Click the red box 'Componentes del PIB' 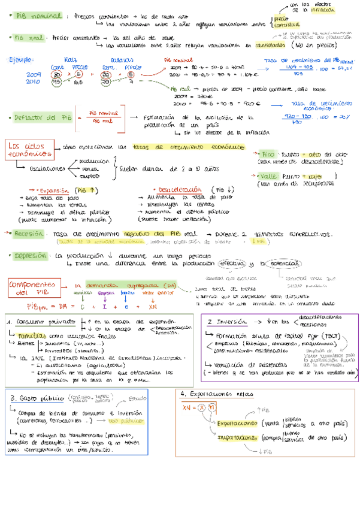click(x=32, y=289)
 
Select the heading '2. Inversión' click(x=228, y=321)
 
